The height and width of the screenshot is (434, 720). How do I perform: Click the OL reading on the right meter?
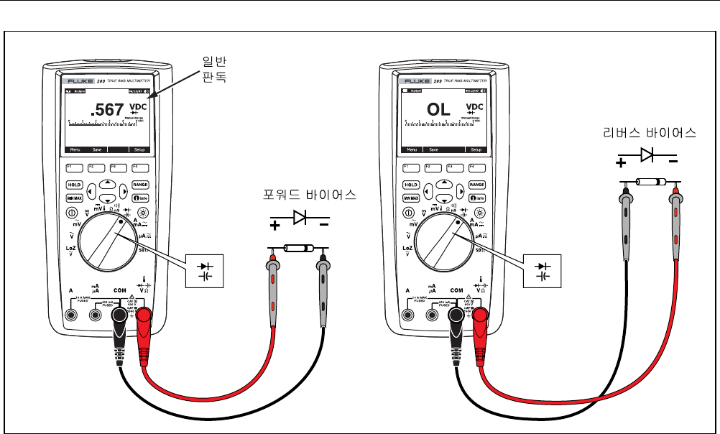click(x=438, y=109)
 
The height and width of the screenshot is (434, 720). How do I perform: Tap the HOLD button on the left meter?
click(x=73, y=185)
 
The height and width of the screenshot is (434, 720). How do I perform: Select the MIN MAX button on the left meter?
click(x=73, y=198)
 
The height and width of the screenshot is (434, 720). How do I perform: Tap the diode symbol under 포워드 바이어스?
click(x=300, y=215)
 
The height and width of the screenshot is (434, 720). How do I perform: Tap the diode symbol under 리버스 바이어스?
click(x=648, y=153)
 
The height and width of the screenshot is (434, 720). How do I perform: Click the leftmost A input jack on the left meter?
click(x=71, y=315)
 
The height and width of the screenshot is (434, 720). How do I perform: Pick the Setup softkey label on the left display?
click(x=139, y=150)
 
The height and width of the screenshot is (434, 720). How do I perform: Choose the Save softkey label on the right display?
click(x=434, y=150)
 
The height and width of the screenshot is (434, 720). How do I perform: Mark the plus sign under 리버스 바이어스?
click(x=620, y=163)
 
